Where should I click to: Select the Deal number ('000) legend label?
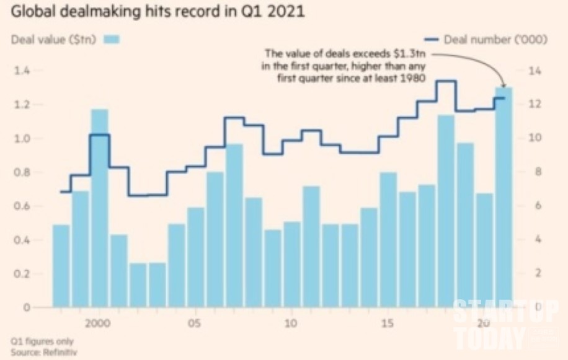[495, 40]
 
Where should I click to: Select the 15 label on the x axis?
[388, 323]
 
